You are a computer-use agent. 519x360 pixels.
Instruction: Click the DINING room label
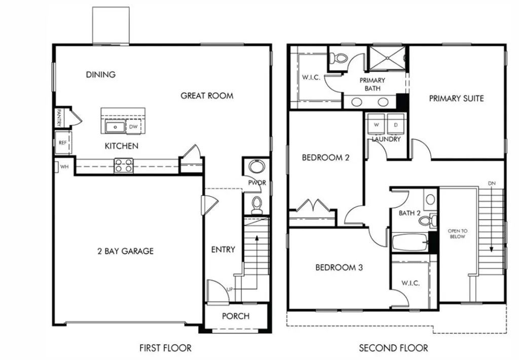tap(100, 75)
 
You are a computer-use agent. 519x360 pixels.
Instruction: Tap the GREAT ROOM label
tap(207, 95)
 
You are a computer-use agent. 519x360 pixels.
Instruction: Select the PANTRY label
tap(59, 118)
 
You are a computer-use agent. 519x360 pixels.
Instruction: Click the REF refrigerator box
tap(63, 142)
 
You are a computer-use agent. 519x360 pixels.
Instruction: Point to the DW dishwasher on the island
tap(133, 127)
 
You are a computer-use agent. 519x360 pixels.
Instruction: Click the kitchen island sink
tap(115, 127)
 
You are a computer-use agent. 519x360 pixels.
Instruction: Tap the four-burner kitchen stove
tap(124, 165)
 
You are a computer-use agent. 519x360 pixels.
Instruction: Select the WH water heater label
tap(64, 166)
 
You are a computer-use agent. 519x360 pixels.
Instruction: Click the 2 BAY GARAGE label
tap(125, 251)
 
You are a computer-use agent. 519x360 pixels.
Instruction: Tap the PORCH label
tap(236, 316)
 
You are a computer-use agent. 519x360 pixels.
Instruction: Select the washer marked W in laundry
tap(377, 124)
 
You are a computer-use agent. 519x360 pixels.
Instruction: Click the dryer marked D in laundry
tap(395, 124)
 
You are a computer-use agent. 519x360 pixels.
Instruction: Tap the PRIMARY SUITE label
tap(456, 98)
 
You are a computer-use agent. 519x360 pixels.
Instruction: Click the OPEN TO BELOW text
tap(457, 234)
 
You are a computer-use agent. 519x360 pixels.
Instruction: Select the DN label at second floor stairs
tap(491, 183)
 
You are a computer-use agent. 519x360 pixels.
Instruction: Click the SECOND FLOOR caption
tap(393, 348)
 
